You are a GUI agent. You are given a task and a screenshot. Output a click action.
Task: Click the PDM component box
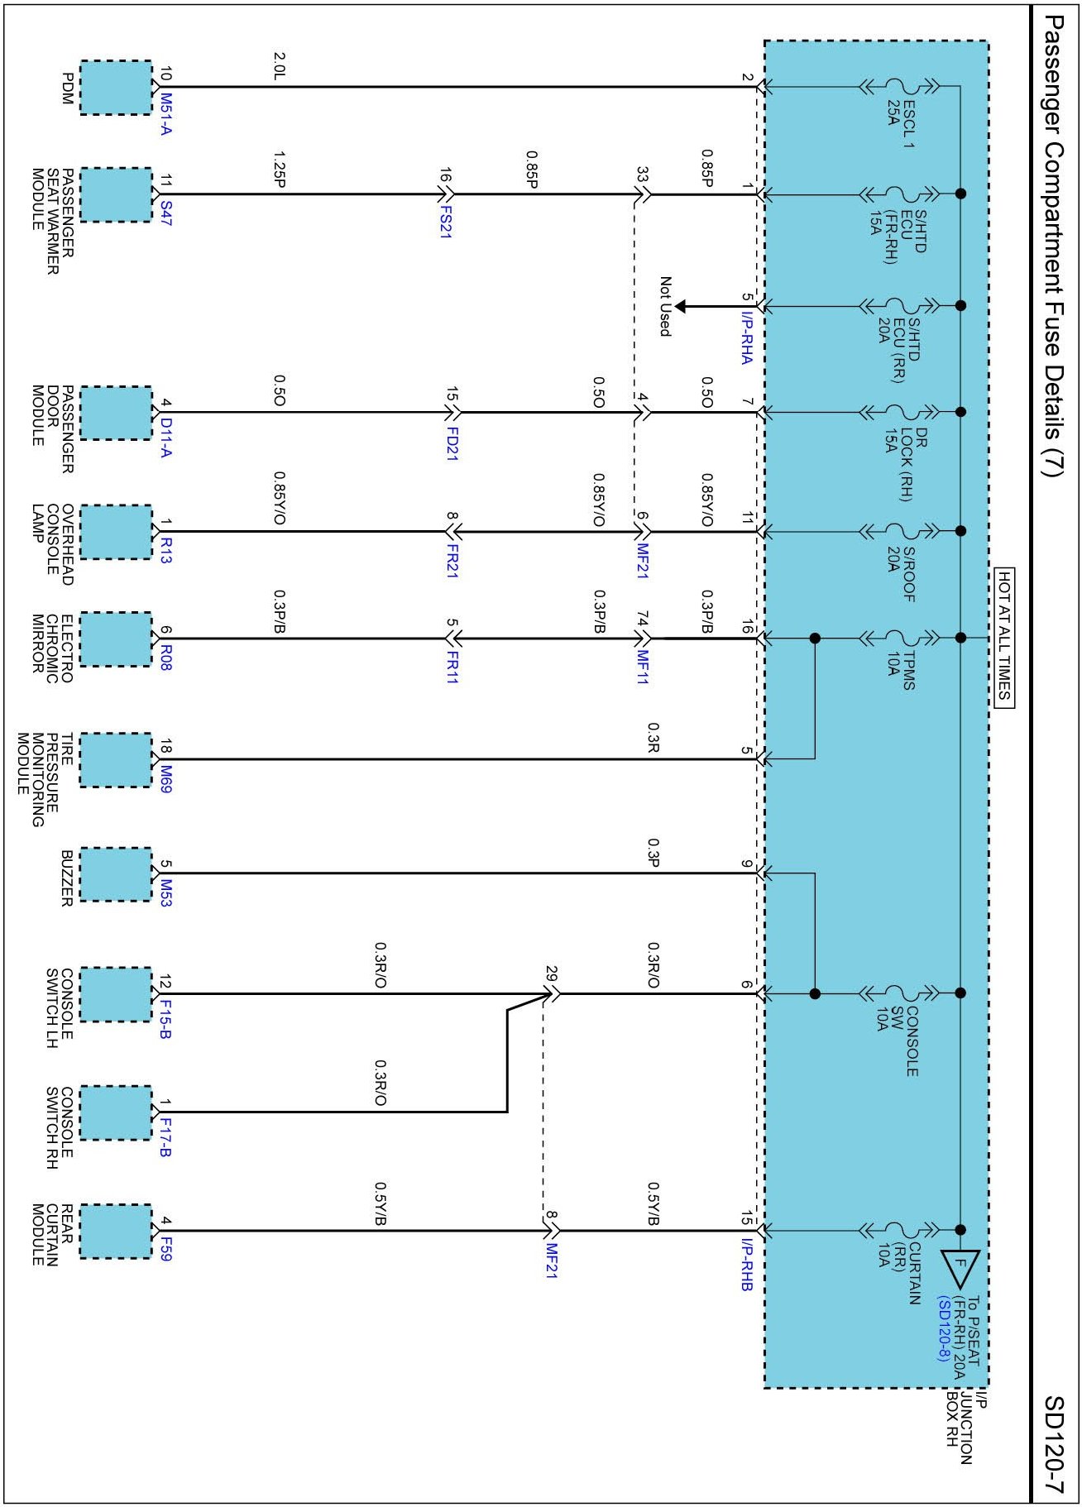point(116,88)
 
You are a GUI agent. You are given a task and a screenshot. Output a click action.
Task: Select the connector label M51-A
point(166,114)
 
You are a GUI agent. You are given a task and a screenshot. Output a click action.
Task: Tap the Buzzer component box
point(116,874)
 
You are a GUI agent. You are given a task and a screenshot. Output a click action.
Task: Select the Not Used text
point(664,306)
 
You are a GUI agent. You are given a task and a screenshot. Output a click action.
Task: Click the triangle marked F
point(960,1265)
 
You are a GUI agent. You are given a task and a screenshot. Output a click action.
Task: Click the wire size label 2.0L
point(279,67)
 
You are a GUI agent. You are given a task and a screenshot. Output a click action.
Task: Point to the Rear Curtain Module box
point(116,1232)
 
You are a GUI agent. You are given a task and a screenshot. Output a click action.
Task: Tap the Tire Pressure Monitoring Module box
point(116,759)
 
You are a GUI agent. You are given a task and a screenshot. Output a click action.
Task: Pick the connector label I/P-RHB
point(746,1265)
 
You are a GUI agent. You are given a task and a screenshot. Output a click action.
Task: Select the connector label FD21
point(452,443)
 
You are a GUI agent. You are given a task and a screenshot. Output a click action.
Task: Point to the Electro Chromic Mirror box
point(116,639)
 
